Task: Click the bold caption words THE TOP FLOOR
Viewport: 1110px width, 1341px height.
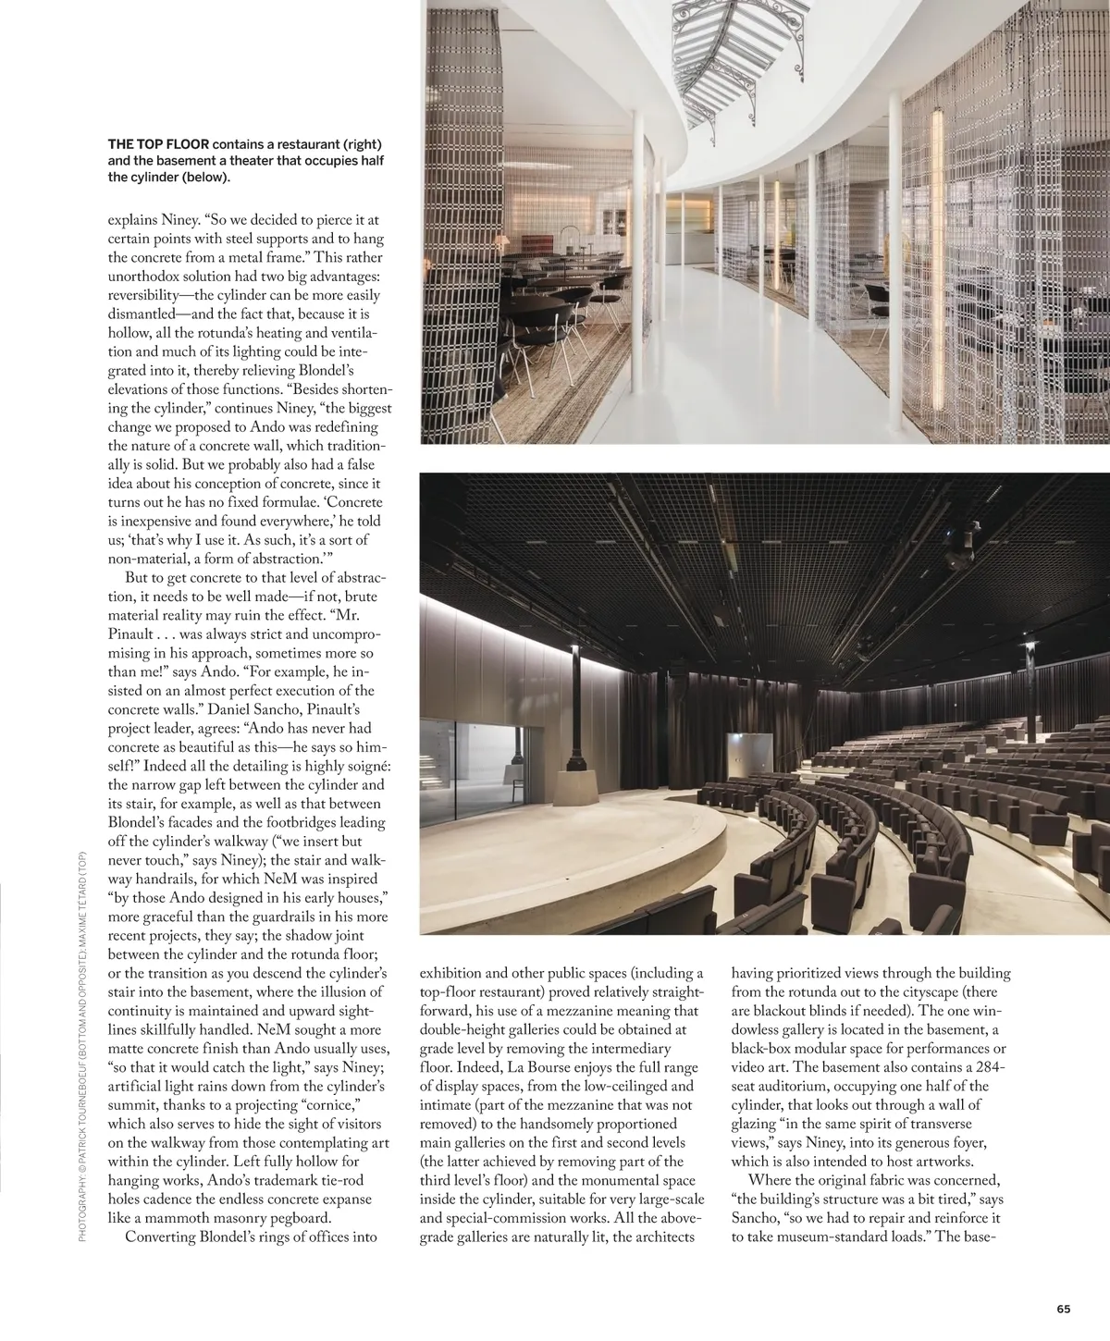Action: click(158, 144)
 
